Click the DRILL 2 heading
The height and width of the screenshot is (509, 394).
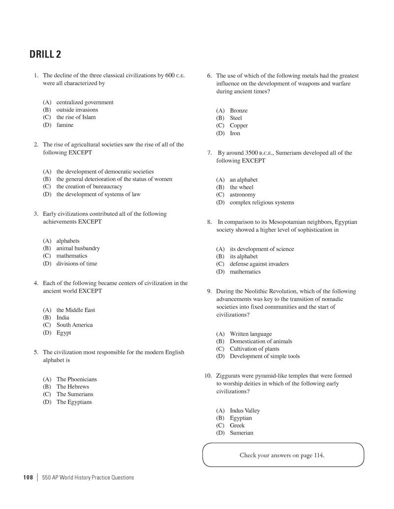pyautogui.click(x=45, y=54)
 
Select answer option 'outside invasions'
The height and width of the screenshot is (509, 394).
pyautogui.click(x=77, y=110)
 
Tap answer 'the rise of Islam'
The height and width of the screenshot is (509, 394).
pyautogui.click(x=76, y=117)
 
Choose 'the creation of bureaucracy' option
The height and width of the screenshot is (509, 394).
pyautogui.click(x=89, y=186)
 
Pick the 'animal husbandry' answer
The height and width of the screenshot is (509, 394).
pyautogui.click(x=78, y=248)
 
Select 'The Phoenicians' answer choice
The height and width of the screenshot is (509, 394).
pyautogui.click(x=76, y=379)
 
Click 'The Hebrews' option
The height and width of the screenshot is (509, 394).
pyautogui.click(x=72, y=387)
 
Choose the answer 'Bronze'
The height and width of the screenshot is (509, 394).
pyautogui.click(x=238, y=111)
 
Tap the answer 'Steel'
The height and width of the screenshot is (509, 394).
pyautogui.click(x=236, y=118)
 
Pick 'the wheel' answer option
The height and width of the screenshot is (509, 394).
pyautogui.click(x=241, y=187)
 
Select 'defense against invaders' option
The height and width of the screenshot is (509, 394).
pyautogui.click(x=259, y=264)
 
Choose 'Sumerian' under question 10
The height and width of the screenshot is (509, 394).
pyautogui.click(x=241, y=433)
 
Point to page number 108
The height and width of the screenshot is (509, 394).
pyautogui.click(x=28, y=477)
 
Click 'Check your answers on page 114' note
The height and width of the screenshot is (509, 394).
pyautogui.click(x=282, y=455)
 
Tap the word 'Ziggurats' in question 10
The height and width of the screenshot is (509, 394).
pyautogui.click(x=228, y=376)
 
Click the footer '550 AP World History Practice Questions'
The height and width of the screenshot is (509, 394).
pyautogui.click(x=88, y=477)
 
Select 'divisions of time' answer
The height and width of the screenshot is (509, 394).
pyautogui.click(x=76, y=264)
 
